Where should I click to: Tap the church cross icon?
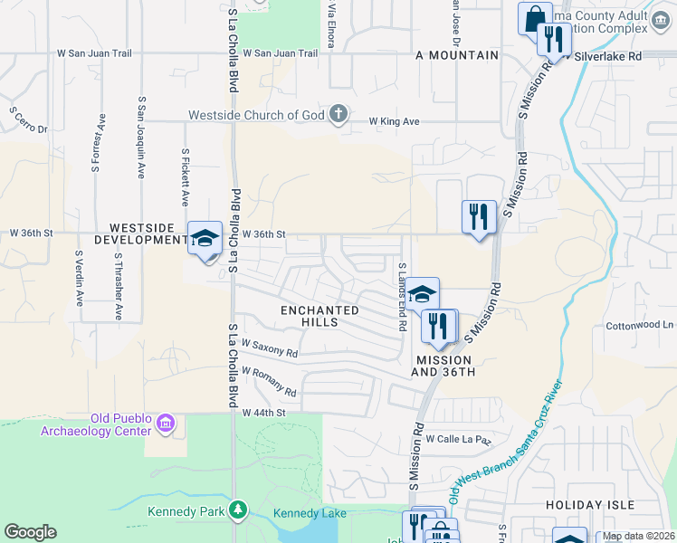click(x=338, y=114)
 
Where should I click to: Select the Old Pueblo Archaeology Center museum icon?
click(x=166, y=423)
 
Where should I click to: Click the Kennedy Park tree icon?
click(x=238, y=511)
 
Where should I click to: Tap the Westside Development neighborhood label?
click(x=148, y=233)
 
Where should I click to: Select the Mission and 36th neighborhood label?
click(x=443, y=366)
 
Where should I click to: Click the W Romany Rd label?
click(x=269, y=381)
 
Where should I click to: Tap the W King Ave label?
click(x=394, y=120)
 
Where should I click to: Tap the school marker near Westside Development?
click(x=205, y=239)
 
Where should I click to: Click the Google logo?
click(x=30, y=532)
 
